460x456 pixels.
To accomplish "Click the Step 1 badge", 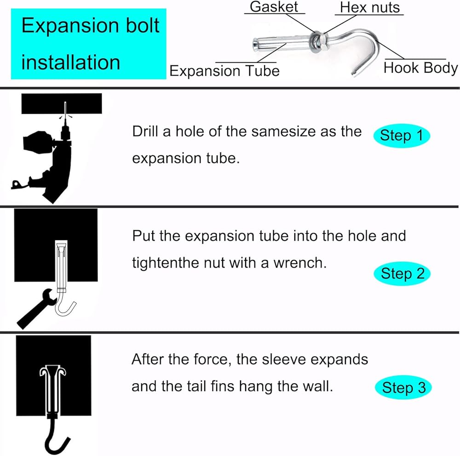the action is (x=401, y=135).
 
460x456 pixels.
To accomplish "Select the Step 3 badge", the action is (x=404, y=388).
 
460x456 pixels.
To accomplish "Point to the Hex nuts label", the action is (x=370, y=7).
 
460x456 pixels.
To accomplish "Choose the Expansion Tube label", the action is (x=224, y=70).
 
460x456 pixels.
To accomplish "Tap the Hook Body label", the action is (x=420, y=68).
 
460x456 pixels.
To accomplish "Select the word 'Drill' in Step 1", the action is (x=145, y=132).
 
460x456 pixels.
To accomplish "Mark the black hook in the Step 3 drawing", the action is (x=54, y=438).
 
